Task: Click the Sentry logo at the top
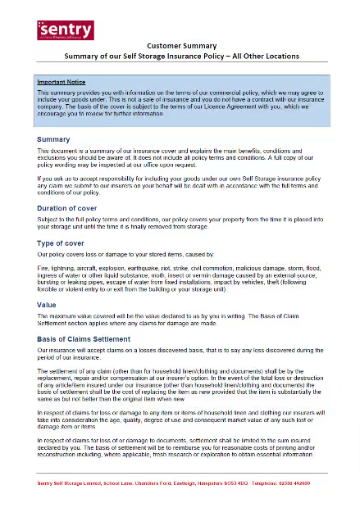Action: (65, 30)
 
